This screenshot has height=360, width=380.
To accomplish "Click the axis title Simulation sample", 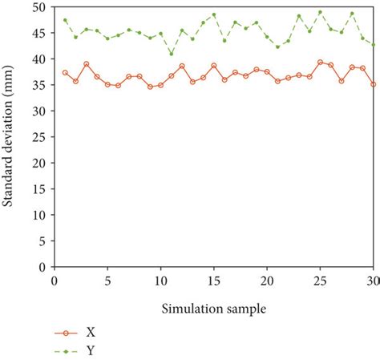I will click(214, 308).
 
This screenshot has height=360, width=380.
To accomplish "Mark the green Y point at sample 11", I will click(171, 54).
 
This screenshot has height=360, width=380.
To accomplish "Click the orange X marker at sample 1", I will click(65, 73).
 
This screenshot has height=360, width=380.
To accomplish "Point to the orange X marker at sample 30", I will click(373, 84).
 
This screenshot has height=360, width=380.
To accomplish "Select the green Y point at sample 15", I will click(214, 14).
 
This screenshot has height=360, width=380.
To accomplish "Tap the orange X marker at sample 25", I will click(320, 62).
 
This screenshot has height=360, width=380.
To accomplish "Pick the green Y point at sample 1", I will click(65, 20).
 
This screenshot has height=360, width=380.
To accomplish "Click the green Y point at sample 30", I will click(373, 44).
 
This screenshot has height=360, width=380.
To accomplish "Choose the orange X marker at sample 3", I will click(87, 64).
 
